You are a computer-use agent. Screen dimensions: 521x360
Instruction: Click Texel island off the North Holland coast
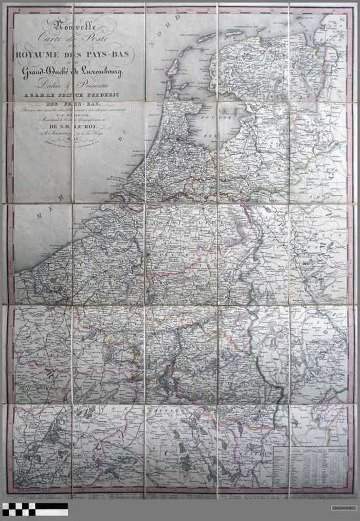172,66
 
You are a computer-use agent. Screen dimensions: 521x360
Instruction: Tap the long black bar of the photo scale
51,506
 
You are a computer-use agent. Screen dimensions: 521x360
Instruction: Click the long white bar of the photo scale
51,512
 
